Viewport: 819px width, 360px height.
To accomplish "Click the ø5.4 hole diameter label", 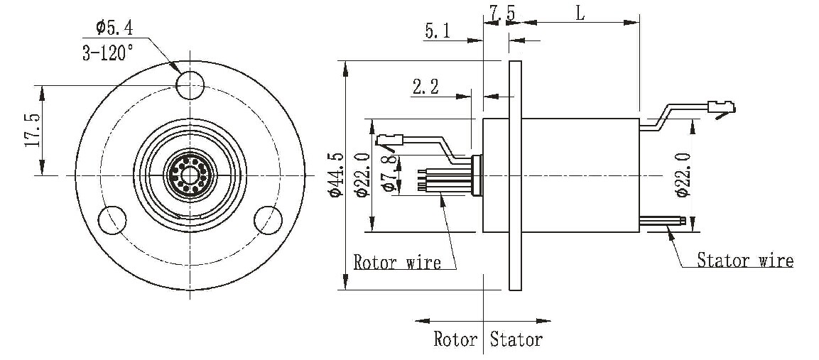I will click(114, 28).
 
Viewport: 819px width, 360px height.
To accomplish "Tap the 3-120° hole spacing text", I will click(107, 53).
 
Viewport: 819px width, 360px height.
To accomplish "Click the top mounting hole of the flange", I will click(190, 85).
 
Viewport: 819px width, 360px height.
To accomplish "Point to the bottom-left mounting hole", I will click(112, 220).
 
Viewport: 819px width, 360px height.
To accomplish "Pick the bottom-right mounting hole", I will click(268, 219).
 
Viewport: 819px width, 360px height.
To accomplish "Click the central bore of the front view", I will click(190, 174).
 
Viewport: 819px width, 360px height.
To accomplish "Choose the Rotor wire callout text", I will click(397, 262).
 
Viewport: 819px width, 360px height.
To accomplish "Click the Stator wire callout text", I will click(744, 260).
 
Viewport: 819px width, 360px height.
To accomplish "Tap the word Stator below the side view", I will click(516, 339).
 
